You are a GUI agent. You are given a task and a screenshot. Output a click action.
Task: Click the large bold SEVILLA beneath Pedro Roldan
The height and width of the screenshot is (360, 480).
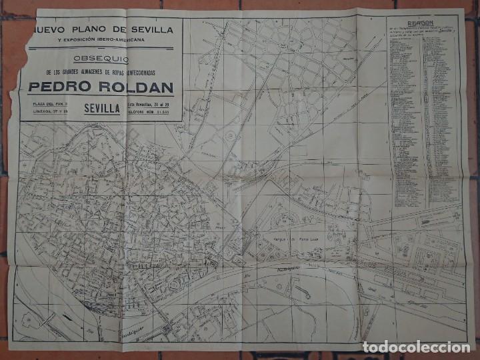coord(103,107)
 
